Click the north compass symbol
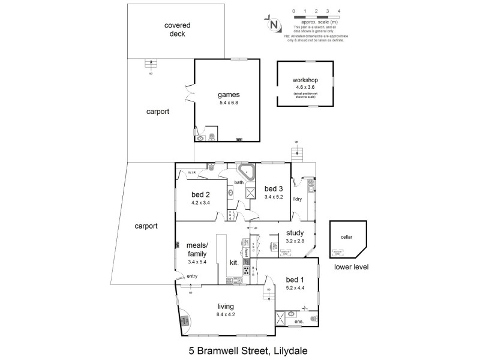pos(274,25)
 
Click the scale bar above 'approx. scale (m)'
pos(316,17)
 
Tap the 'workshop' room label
pos(305,80)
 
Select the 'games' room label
pos(229,95)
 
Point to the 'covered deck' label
pos(177,30)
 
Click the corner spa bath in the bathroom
pos(246,172)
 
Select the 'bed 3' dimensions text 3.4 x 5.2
pos(273,196)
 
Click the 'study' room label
pos(295,233)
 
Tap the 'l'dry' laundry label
pos(296,199)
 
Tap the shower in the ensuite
pos(280,317)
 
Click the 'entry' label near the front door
pos(192,276)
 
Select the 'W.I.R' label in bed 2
pos(192,172)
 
